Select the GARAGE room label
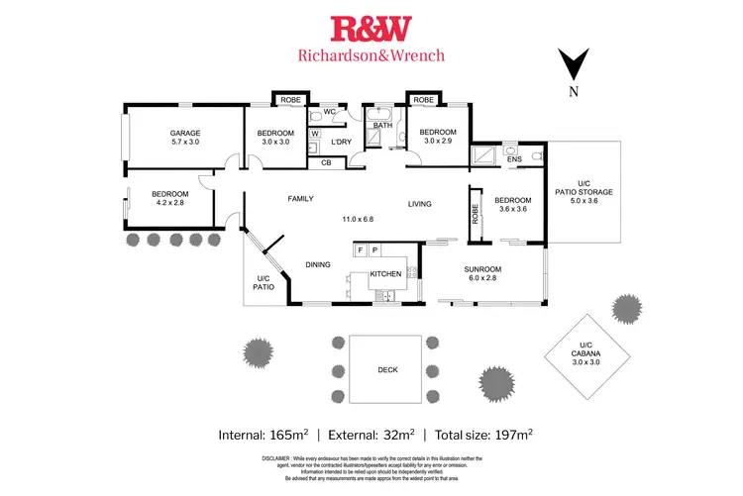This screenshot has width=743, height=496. (x=184, y=133)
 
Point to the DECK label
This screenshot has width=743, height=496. (x=388, y=369)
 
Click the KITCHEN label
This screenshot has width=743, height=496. (x=385, y=273)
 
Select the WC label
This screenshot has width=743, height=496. (x=330, y=113)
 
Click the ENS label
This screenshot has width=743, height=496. (x=513, y=158)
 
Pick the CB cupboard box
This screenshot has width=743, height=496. (x=326, y=162)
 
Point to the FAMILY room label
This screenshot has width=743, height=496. (x=300, y=198)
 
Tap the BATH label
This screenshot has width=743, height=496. (x=382, y=126)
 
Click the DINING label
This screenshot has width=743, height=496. (x=317, y=264)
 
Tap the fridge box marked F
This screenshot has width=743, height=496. (x=361, y=250)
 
